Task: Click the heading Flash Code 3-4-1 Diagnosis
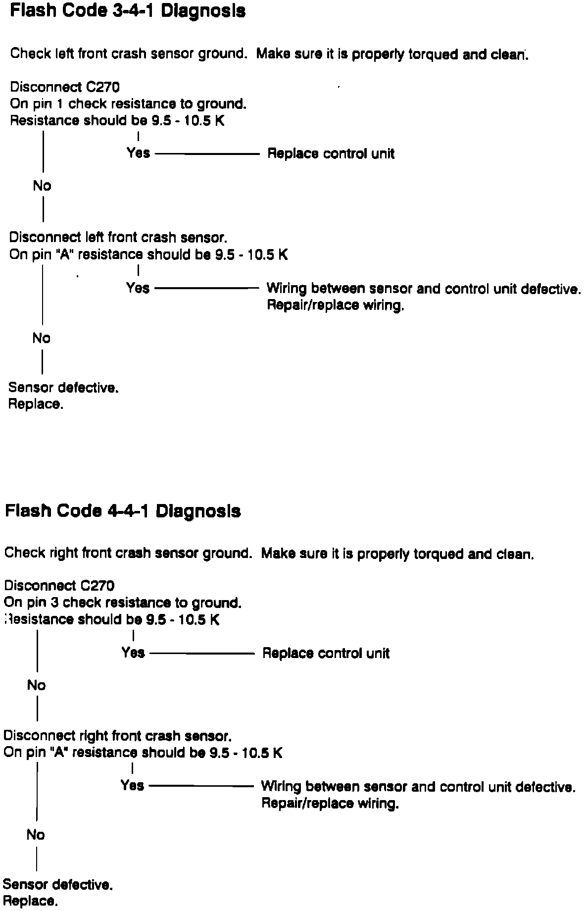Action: pos(128,11)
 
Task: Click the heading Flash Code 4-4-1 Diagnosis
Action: pos(123,510)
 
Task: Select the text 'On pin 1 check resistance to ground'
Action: pos(128,104)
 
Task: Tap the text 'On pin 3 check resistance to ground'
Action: pos(123,603)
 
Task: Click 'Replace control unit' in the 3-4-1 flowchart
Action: pos(331,153)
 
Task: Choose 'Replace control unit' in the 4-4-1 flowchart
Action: pos(326,653)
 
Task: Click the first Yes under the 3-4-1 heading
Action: pos(138,153)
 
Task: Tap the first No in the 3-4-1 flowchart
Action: pos(42,186)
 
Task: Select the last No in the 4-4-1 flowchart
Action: pos(36,835)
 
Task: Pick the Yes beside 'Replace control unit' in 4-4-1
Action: pos(133,653)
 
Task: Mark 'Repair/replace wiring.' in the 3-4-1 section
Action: pos(336,305)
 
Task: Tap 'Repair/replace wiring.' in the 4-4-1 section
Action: pos(330,803)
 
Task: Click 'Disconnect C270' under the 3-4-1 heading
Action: pos(65,87)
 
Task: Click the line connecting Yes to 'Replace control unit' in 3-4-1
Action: pos(207,154)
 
